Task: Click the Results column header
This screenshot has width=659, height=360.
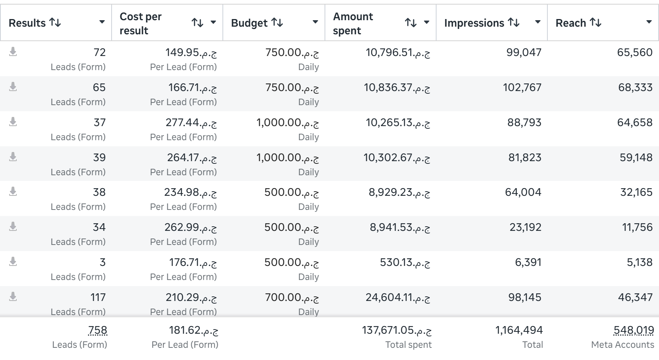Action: (27, 23)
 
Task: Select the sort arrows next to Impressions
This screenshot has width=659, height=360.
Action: (514, 22)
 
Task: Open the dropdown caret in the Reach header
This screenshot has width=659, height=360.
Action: (649, 22)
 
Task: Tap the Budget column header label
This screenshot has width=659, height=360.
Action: (250, 23)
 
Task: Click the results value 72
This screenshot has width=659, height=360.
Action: (99, 52)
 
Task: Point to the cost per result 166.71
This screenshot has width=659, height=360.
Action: (193, 88)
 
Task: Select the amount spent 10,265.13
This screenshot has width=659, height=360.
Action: (398, 123)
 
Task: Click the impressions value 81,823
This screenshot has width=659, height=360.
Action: (525, 157)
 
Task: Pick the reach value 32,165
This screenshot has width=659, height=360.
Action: (637, 192)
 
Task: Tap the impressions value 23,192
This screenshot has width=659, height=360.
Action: (526, 227)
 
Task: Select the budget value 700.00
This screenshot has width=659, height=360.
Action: (292, 298)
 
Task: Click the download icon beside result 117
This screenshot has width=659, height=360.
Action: (13, 296)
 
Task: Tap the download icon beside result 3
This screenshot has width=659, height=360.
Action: (13, 261)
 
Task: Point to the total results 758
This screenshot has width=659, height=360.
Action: (98, 330)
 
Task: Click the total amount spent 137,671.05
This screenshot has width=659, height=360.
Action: (397, 330)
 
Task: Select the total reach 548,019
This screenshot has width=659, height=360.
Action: (634, 330)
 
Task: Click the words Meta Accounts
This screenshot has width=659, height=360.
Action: (623, 345)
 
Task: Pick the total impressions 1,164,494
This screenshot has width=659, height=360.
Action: (519, 330)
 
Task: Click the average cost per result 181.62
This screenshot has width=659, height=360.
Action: (194, 330)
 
